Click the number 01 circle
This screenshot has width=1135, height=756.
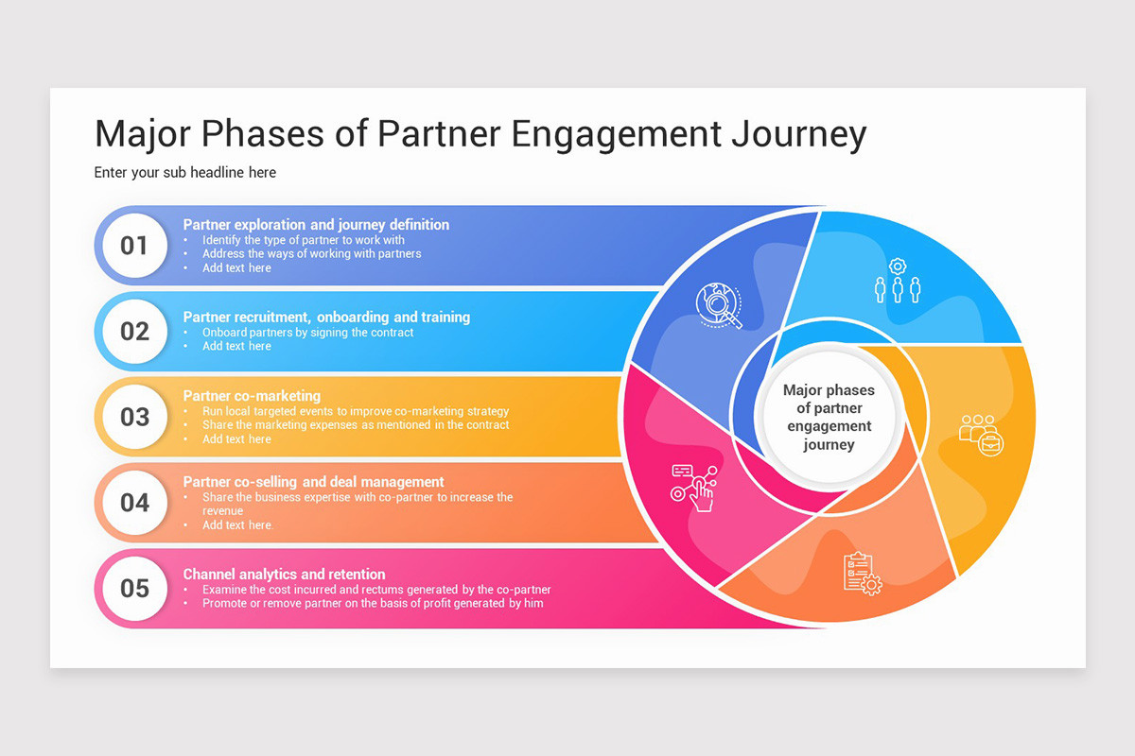134,246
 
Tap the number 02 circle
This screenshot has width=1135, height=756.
134,332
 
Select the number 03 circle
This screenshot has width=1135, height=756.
134,417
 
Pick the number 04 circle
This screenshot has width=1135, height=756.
134,503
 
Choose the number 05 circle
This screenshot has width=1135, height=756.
134,588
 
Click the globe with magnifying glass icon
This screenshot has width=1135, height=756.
719,305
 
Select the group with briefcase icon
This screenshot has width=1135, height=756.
981,435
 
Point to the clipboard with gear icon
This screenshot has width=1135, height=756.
862,573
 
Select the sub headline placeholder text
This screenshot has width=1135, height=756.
185,173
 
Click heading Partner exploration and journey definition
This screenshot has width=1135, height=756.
316,225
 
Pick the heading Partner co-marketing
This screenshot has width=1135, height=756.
252,396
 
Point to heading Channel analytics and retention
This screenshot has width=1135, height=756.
284,574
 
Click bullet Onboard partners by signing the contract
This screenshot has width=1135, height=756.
307,333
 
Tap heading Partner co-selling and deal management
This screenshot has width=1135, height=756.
313,482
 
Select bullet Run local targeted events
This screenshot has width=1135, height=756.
355,412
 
